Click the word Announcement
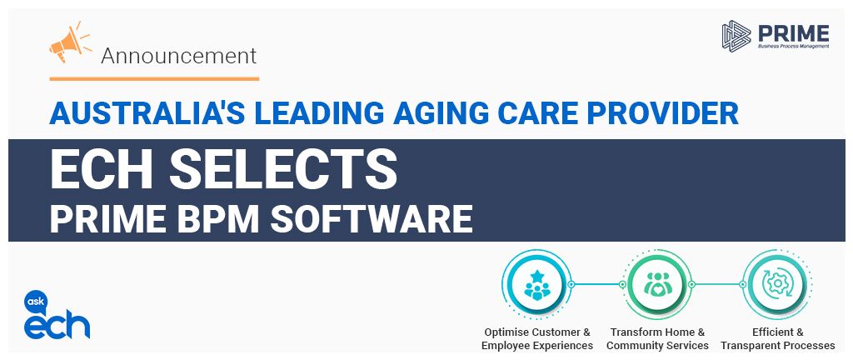[178, 56]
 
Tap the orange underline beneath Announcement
[154, 79]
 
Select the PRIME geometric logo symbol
[736, 35]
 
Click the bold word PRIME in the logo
[794, 33]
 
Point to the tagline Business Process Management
[794, 47]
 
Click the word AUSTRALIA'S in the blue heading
[146, 113]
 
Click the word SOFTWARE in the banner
[372, 218]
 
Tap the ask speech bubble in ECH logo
[36, 302]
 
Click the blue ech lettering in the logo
[57, 325]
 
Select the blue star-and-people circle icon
[537, 284]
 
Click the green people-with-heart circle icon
[657, 284]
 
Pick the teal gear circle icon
[778, 284]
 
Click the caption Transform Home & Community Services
[658, 339]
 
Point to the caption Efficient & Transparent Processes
[778, 339]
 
